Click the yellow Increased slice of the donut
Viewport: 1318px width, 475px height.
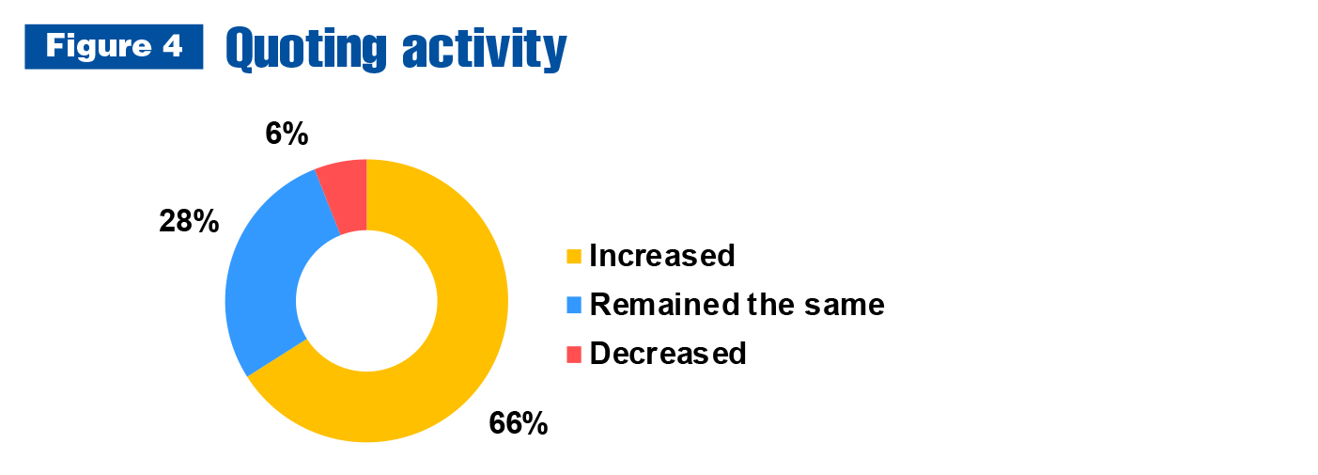(x=465, y=330)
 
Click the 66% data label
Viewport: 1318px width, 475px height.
(x=519, y=423)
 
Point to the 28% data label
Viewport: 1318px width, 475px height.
(x=189, y=222)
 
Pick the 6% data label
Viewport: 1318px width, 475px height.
(x=287, y=134)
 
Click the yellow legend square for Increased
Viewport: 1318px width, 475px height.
(x=574, y=257)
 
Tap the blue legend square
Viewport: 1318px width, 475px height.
(x=574, y=306)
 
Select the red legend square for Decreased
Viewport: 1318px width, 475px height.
(x=574, y=355)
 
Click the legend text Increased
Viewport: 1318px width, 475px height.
(x=662, y=256)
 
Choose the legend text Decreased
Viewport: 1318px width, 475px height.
(x=668, y=354)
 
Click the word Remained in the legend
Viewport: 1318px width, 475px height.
(x=664, y=305)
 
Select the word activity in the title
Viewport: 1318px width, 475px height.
(x=484, y=50)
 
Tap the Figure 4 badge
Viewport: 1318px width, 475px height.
(x=115, y=46)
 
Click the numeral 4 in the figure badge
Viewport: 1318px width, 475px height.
(x=173, y=46)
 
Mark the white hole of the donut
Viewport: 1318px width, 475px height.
(x=366, y=301)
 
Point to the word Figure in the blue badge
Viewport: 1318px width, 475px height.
(x=99, y=46)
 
